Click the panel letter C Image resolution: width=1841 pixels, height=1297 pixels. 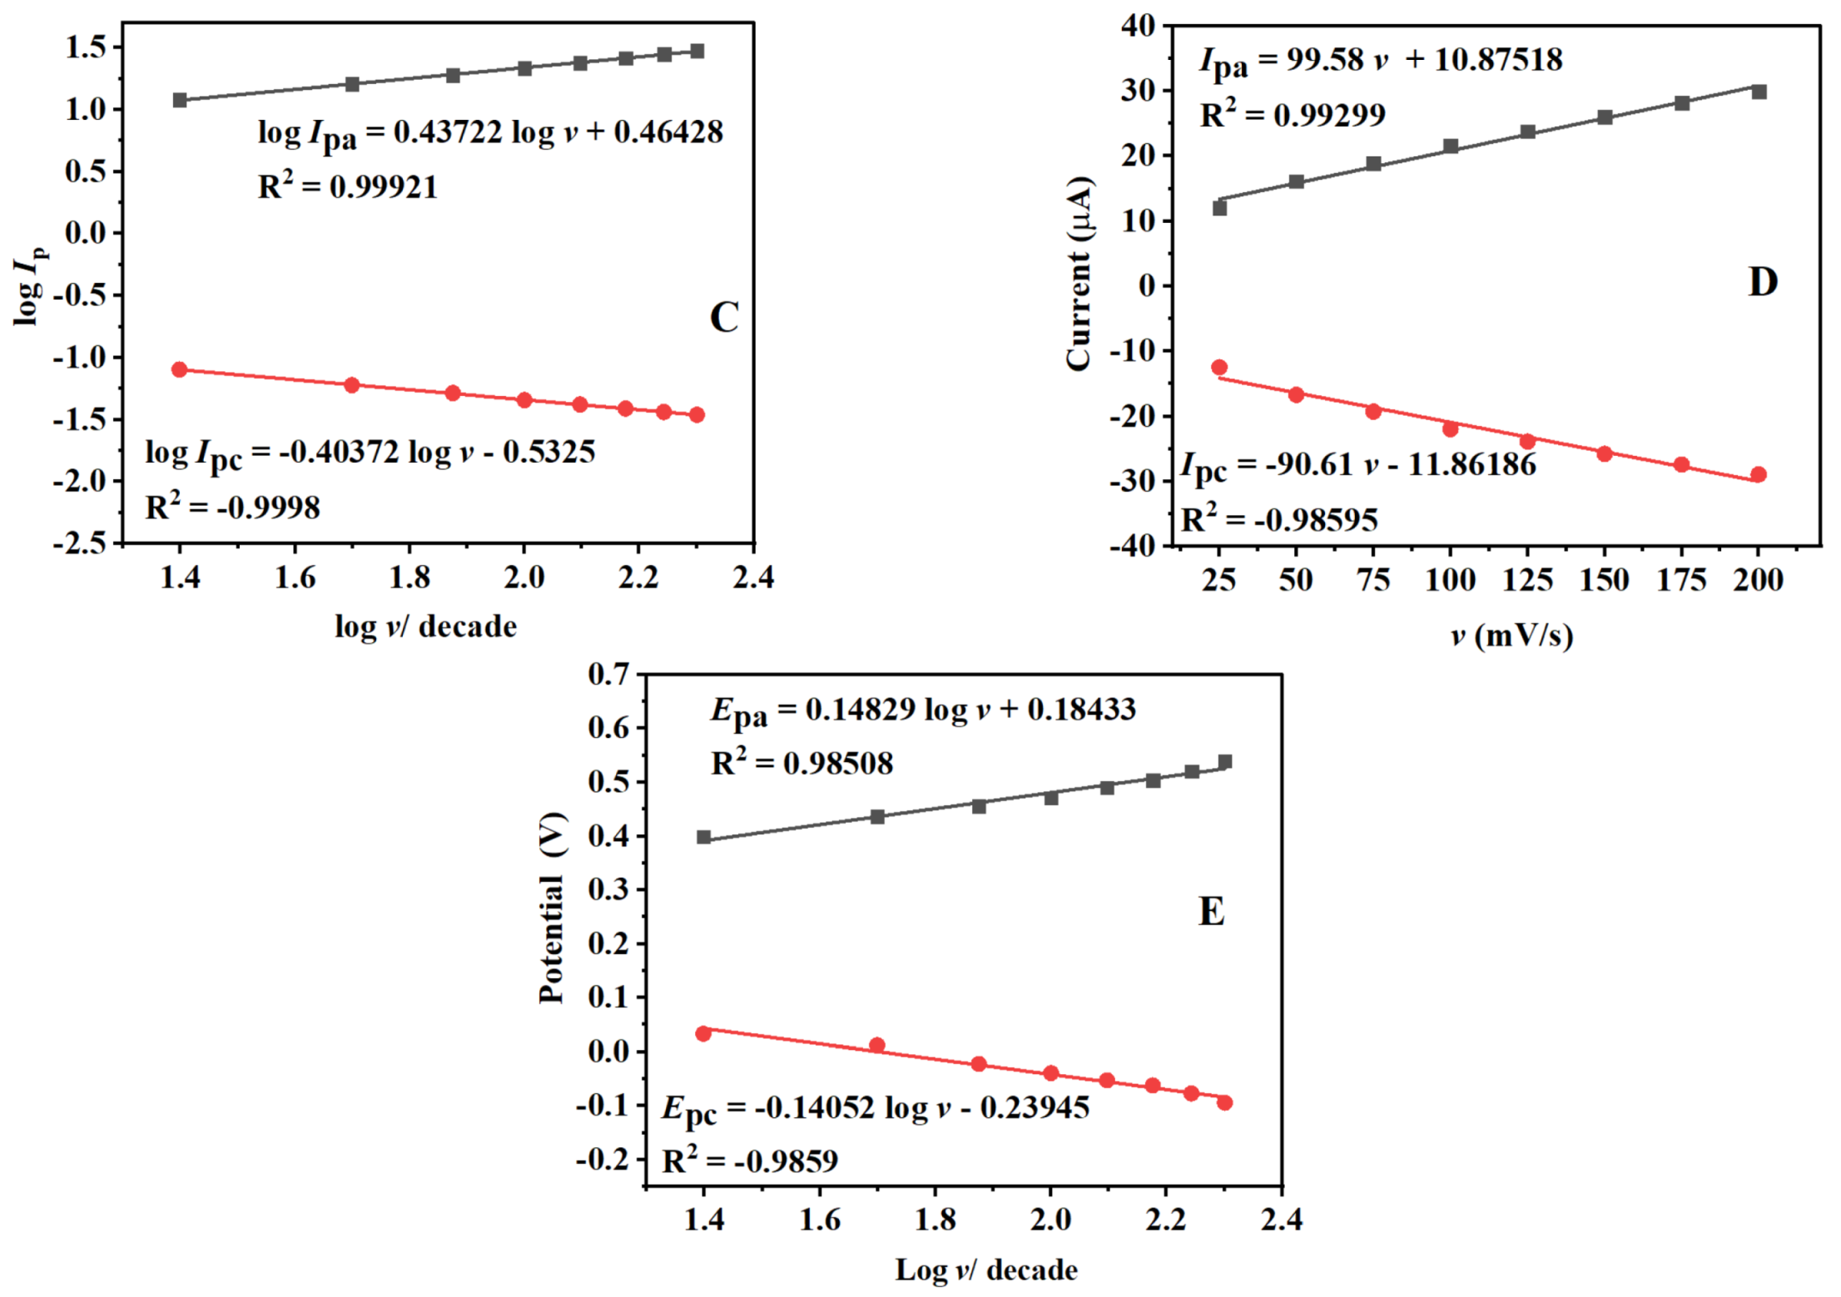[723, 317]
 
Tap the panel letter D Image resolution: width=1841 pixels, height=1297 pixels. [1763, 282]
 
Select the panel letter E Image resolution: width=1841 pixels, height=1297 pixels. [1211, 911]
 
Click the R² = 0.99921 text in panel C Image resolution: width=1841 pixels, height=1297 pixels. [347, 186]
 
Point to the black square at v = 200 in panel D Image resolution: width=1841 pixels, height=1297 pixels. [1759, 92]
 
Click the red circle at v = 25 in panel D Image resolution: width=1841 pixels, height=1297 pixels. [1219, 367]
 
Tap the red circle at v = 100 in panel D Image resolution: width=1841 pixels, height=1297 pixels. [1451, 429]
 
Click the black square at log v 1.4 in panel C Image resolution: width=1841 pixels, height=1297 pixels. [180, 100]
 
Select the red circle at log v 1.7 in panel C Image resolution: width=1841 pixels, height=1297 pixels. [352, 385]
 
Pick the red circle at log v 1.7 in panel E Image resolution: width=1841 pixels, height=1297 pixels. [877, 1045]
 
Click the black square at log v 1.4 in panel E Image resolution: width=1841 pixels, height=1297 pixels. [704, 837]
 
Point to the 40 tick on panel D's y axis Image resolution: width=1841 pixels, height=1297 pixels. [1139, 25]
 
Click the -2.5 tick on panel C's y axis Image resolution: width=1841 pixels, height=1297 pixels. [80, 543]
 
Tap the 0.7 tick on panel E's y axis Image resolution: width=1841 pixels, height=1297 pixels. [608, 674]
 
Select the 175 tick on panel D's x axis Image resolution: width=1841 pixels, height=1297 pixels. [1681, 579]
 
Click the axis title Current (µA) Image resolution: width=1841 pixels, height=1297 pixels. [1079, 274]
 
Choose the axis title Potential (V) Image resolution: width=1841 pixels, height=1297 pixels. [552, 908]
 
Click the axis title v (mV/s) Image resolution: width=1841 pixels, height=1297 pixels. [1511, 636]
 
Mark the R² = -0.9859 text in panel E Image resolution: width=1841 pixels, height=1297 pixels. [750, 1161]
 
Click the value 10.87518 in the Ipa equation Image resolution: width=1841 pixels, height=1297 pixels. [1498, 59]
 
